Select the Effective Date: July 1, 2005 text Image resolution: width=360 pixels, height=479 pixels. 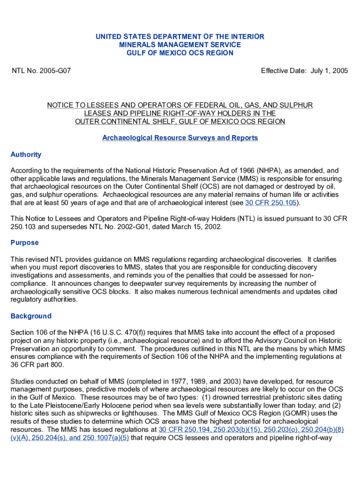(304, 71)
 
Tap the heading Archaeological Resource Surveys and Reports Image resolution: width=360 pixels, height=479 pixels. (180, 138)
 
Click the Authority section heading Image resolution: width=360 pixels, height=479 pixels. (26, 154)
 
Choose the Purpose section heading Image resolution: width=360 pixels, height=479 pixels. (24, 243)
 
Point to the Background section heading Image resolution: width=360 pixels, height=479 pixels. (31, 316)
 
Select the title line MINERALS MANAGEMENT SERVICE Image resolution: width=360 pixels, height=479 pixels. (180, 45)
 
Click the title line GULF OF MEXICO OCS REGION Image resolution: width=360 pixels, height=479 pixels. (180, 53)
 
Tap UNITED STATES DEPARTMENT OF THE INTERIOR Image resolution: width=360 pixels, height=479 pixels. (180, 36)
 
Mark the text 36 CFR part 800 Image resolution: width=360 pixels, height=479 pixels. (37, 365)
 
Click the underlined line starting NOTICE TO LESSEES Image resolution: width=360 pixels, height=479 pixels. (180, 105)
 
